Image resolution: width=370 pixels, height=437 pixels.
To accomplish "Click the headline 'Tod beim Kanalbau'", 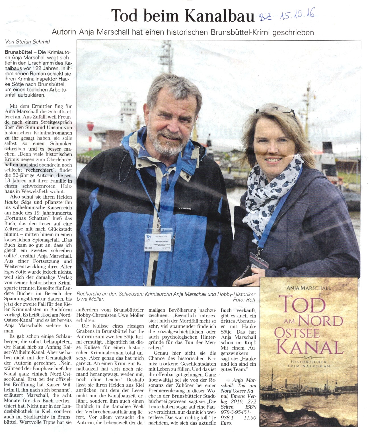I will [x=182, y=16].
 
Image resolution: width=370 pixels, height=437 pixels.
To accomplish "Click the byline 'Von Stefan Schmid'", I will [x=27, y=41].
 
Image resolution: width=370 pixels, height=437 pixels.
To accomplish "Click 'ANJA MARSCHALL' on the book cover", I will [x=309, y=288].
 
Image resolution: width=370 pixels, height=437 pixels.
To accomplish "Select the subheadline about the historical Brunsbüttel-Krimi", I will [x=182, y=32].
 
